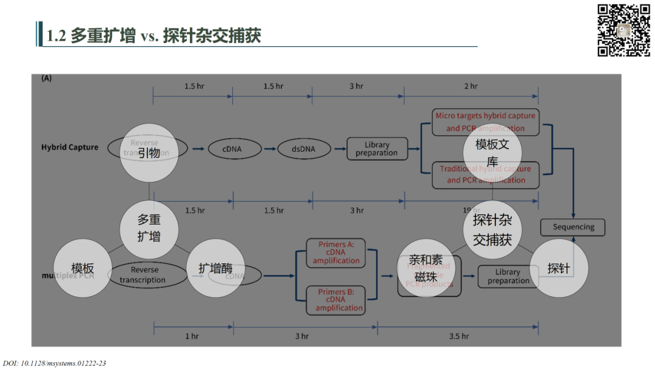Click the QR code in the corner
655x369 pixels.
pyautogui.click(x=623, y=30)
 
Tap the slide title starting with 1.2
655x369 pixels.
pyautogui.click(x=154, y=36)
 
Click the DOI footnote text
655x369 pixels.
pyautogui.click(x=55, y=363)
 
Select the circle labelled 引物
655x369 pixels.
pyautogui.click(x=149, y=152)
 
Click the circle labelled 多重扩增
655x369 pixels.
pyautogui.click(x=149, y=228)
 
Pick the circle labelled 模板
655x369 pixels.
pyautogui.click(x=82, y=268)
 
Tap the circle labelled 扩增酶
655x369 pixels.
pyautogui.click(x=216, y=268)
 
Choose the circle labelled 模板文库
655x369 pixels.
pyautogui.click(x=492, y=152)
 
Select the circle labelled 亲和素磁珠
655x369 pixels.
pyautogui.click(x=426, y=268)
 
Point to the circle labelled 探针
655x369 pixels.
pyautogui.click(x=559, y=268)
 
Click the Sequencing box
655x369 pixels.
pyautogui.click(x=573, y=227)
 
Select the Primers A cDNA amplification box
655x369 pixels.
pyautogui.click(x=336, y=253)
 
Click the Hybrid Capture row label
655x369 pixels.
pyautogui.click(x=70, y=147)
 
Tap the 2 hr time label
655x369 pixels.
pyautogui.click(x=471, y=86)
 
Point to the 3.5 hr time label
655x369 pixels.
pyautogui.click(x=458, y=336)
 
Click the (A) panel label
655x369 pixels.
pyautogui.click(x=46, y=78)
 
